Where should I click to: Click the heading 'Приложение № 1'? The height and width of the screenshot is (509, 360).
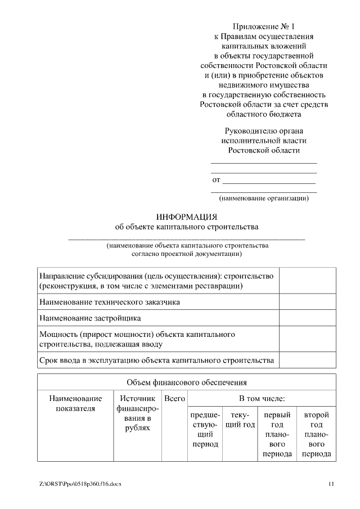click(x=263, y=26)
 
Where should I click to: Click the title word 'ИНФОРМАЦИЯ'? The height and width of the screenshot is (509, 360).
click(x=186, y=217)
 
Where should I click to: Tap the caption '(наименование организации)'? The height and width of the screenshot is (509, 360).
click(x=263, y=198)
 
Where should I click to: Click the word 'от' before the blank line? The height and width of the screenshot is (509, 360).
click(x=216, y=181)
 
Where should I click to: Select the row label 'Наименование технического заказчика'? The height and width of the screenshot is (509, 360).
click(x=110, y=302)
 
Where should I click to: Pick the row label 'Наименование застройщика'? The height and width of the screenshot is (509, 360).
click(x=90, y=318)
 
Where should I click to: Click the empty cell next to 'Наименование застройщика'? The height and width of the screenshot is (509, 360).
click(x=308, y=318)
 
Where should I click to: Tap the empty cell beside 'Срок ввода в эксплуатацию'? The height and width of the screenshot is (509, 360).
click(x=308, y=360)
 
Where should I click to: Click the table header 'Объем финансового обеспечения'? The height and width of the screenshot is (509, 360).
click(x=187, y=383)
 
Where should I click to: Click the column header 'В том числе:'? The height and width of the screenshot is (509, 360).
click(x=262, y=399)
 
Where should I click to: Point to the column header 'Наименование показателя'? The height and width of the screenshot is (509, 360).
click(x=75, y=403)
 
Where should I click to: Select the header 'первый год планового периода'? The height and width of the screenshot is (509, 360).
click(x=277, y=434)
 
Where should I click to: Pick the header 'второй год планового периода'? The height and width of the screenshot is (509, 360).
click(x=316, y=434)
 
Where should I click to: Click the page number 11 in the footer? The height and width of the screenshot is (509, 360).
click(x=331, y=484)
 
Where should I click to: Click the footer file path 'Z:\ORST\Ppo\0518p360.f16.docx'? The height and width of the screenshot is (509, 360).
click(x=80, y=484)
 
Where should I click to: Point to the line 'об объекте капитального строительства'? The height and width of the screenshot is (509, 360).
click(x=186, y=228)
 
